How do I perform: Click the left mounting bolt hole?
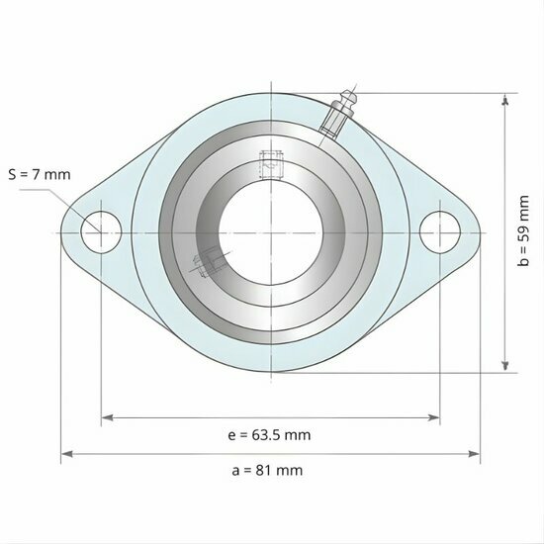tap(101, 231)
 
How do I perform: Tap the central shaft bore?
tap(270, 231)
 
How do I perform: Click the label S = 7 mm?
tap(40, 175)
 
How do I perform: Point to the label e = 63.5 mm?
tap(270, 435)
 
